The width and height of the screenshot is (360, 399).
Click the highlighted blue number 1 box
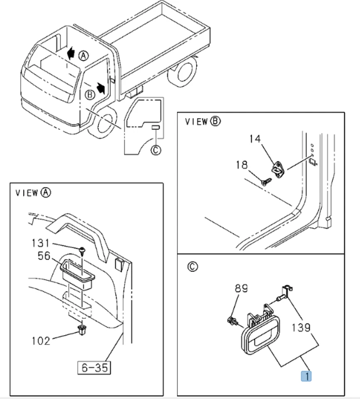coord(306,376)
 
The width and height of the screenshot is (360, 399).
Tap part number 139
coord(301,328)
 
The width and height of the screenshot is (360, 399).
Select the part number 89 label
coord(241,288)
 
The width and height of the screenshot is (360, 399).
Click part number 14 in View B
coord(255,139)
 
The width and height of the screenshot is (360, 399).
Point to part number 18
coord(242,165)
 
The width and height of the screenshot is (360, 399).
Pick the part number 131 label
coord(40,243)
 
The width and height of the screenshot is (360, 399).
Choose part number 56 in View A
coord(44,256)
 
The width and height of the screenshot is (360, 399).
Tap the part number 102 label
coord(41,341)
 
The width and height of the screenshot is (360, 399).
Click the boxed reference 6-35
coord(94,367)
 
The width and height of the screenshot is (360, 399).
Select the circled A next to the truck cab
coord(83,55)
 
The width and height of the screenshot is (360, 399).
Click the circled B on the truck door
coord(90,95)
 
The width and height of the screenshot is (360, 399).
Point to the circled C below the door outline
coord(156,150)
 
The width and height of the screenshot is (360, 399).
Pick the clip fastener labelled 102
coord(81,330)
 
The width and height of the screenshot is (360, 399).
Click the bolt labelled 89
coord(232,320)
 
